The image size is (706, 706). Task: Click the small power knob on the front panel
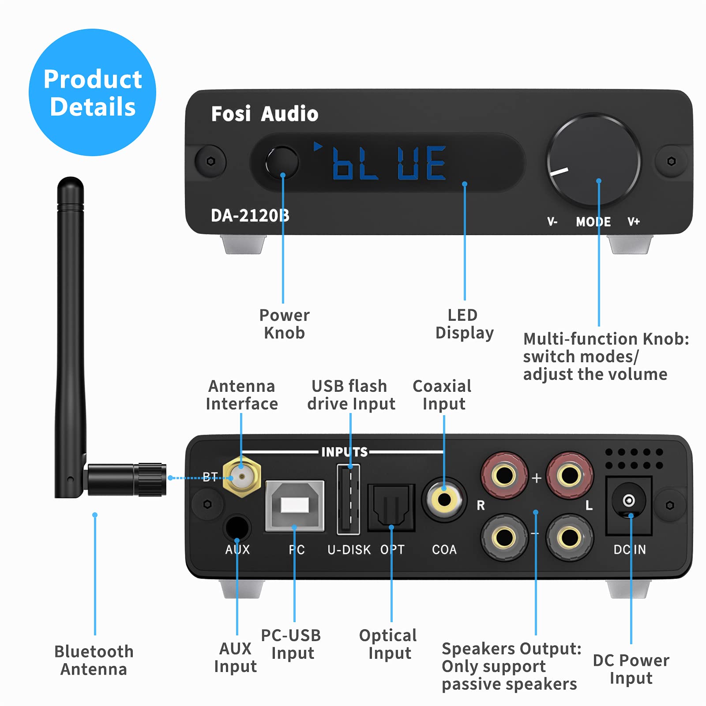282,162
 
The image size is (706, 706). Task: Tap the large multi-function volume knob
593,161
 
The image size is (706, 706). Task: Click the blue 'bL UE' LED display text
388,163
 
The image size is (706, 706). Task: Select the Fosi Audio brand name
264,114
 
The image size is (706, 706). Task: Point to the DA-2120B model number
250,216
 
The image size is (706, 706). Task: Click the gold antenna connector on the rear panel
241,477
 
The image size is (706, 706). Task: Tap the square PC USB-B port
294,506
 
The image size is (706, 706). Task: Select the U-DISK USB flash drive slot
348,499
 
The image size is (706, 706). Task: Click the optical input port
391,507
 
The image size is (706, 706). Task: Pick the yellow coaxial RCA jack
444,499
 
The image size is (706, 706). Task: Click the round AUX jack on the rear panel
237,528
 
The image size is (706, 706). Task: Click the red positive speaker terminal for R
504,475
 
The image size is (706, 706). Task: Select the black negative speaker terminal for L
570,537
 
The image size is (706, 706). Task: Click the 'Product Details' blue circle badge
92,93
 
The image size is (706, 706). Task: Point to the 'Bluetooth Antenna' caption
94,660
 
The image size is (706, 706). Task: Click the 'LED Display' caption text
464,324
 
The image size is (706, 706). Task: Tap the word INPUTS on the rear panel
344,452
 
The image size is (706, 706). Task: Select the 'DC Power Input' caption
631,669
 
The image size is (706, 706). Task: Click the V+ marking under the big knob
634,222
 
